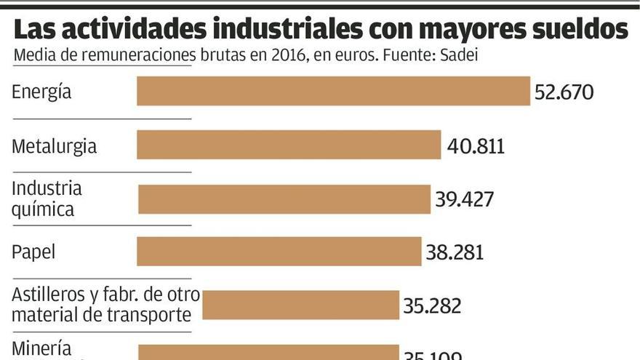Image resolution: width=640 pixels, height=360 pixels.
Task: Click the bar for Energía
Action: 333,92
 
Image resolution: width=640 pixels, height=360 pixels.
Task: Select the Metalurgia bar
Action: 289,145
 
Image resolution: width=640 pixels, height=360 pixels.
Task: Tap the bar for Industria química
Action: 284,199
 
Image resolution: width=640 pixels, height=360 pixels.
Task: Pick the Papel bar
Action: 279,252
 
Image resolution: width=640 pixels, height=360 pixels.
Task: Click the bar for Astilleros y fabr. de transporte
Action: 300,305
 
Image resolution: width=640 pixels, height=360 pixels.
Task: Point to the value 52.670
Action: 564,92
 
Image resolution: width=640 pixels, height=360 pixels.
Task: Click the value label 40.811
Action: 476,146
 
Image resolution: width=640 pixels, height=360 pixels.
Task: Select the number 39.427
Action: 465,199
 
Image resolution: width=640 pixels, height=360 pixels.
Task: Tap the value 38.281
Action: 455,252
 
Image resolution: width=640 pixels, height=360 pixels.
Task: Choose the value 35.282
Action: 432,305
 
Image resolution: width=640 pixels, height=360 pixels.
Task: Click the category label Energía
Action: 41,92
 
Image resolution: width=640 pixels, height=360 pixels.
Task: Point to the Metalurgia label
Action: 55,146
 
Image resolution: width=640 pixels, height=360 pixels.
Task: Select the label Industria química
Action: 47,199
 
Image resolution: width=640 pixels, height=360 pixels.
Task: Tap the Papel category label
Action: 33,252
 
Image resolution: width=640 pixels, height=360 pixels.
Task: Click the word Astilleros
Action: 44,296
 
